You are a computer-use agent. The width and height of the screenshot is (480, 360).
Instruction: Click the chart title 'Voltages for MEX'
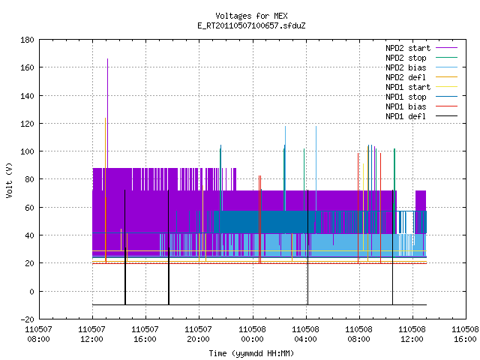click(x=251, y=16)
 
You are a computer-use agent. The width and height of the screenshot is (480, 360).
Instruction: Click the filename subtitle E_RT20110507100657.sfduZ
click(x=251, y=25)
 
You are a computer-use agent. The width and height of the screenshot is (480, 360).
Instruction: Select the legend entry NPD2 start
click(x=408, y=48)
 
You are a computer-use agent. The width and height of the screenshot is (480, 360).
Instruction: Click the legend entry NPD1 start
click(x=408, y=87)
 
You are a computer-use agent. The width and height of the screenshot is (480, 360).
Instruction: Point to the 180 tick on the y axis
click(x=27, y=40)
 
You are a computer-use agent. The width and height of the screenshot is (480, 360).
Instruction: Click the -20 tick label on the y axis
click(x=27, y=319)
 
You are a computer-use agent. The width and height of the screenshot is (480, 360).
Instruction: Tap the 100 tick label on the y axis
click(x=27, y=151)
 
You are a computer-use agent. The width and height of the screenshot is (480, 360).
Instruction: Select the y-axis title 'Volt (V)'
click(x=9, y=180)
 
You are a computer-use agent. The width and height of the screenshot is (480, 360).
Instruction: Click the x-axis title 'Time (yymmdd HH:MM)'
click(x=251, y=353)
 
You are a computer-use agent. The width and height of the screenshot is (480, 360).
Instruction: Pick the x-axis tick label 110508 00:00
click(x=252, y=334)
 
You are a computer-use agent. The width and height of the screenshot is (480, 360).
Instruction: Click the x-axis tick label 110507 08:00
click(x=38, y=334)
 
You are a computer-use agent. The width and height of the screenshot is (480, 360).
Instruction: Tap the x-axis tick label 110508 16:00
click(x=465, y=334)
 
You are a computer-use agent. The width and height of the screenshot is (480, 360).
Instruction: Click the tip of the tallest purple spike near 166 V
click(x=107, y=58)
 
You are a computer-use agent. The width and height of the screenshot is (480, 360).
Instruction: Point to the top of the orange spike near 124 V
click(x=105, y=118)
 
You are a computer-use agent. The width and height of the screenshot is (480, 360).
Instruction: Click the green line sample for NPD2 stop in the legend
click(x=447, y=58)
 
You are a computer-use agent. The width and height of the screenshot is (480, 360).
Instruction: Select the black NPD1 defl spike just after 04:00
click(x=307, y=247)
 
